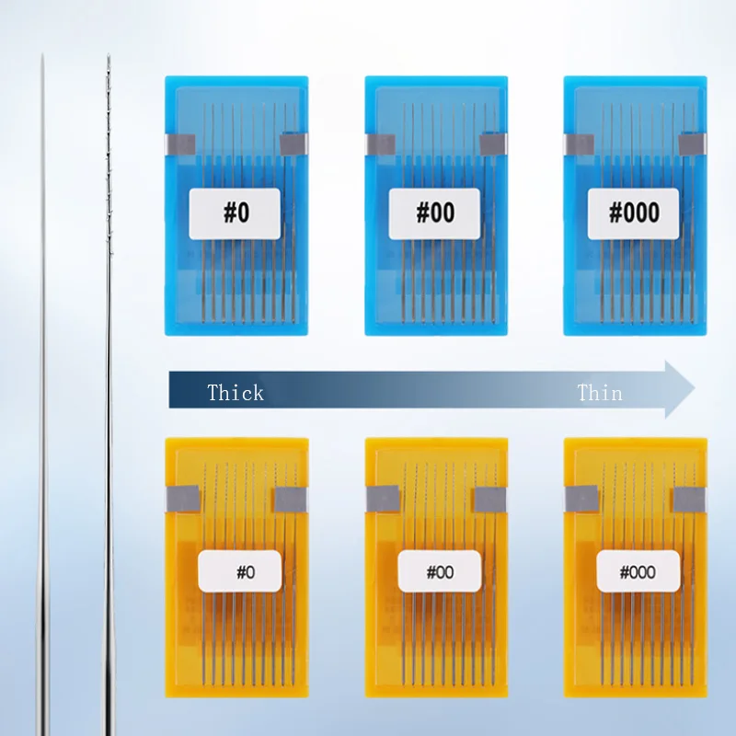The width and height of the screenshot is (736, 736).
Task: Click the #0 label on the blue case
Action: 236,213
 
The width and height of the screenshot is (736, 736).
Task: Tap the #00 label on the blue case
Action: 435,213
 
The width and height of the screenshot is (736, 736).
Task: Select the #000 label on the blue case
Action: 634,213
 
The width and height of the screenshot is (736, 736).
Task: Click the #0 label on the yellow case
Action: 245,572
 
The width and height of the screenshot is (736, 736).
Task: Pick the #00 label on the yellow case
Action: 440,572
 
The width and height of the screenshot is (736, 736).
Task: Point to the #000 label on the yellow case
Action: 638,572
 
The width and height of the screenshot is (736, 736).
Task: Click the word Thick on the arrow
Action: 236,393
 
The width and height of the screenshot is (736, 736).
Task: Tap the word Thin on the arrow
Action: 600,393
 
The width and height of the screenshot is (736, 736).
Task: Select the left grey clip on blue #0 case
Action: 178,144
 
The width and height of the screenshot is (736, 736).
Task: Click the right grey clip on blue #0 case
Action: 292,144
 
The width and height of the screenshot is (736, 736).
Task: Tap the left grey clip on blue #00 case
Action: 380,144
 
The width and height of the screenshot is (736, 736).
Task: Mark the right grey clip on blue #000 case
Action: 691,144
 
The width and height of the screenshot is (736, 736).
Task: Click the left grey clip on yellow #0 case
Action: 178,499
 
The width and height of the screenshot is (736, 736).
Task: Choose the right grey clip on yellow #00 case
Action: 488,499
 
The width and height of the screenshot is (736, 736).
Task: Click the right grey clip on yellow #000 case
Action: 688,499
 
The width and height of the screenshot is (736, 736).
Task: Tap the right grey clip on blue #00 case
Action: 492,144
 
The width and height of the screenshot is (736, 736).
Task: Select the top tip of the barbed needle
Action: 108,57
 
